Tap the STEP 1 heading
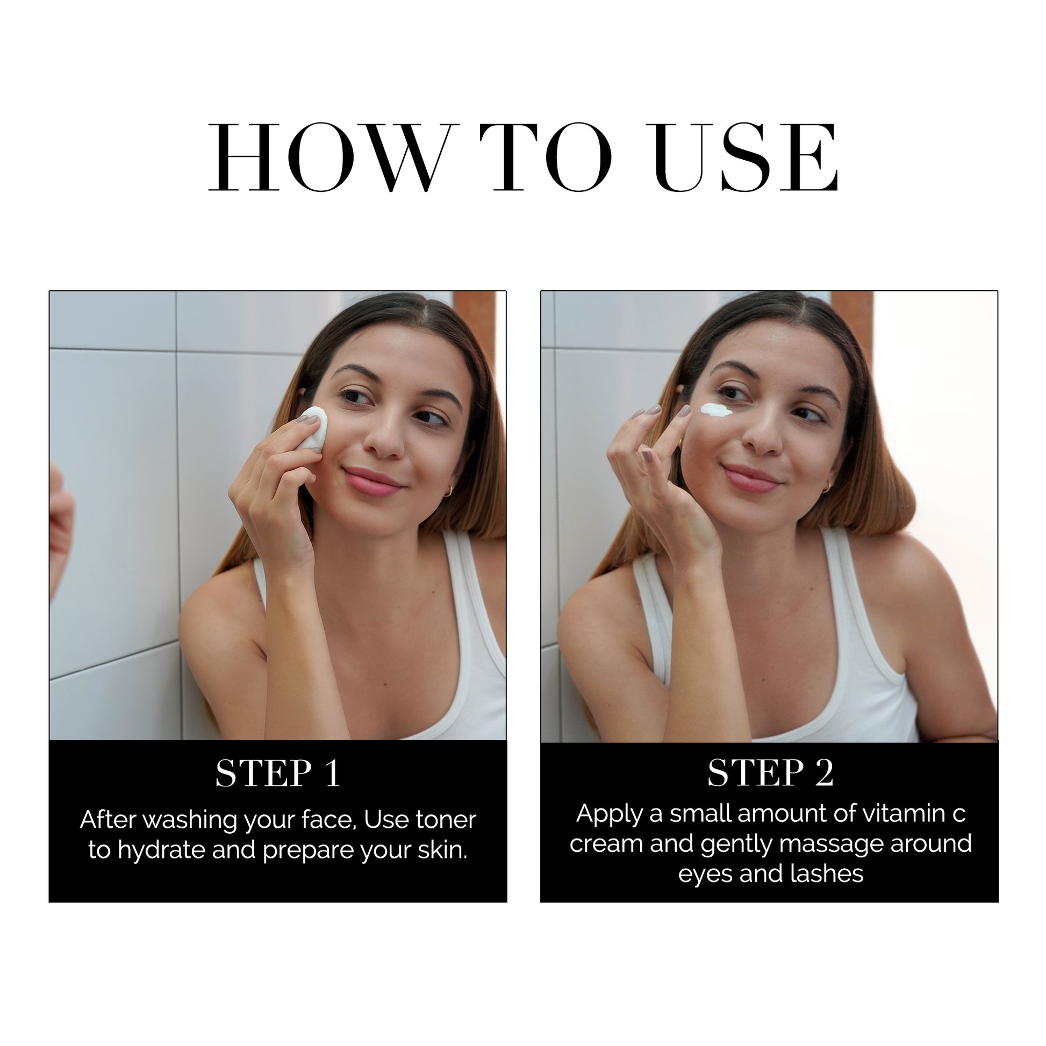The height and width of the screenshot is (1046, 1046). (x=278, y=773)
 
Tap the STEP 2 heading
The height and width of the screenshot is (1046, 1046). (x=770, y=772)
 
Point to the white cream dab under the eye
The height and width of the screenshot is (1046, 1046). (x=717, y=410)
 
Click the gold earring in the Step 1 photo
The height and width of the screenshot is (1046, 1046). (x=448, y=491)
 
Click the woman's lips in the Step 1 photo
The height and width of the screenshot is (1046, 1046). (x=373, y=481)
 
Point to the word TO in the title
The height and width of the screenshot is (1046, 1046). (x=546, y=157)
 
